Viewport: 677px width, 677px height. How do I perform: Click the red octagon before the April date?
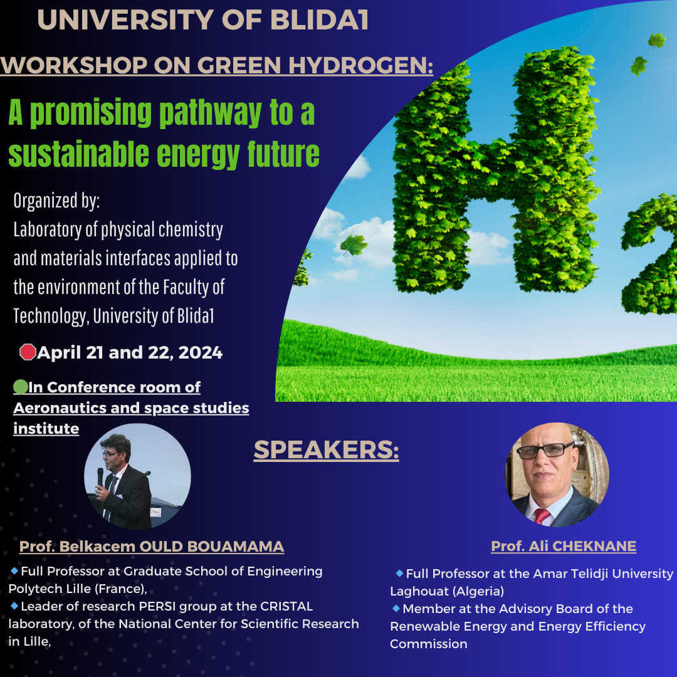click(28, 352)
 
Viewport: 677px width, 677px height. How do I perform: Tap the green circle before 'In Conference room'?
click(20, 386)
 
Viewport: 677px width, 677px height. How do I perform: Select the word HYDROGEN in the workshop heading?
click(360, 65)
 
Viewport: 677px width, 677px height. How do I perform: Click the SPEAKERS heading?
click(326, 449)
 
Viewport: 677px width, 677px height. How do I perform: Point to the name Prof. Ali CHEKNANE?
click(564, 546)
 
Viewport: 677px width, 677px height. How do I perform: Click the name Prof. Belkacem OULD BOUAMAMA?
click(152, 546)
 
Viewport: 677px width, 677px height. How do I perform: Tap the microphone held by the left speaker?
click(100, 477)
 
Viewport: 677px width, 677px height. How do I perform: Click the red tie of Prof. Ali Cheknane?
click(542, 515)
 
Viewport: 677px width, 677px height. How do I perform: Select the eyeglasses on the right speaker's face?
click(545, 450)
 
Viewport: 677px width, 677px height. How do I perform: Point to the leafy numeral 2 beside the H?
click(649, 255)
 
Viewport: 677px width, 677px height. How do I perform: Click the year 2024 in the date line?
click(201, 352)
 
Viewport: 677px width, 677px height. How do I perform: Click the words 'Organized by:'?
click(56, 201)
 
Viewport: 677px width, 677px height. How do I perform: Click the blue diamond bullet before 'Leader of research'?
click(14, 606)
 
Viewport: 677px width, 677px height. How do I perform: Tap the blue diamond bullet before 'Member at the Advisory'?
click(396, 608)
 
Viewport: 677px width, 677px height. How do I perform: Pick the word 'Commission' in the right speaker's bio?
click(428, 644)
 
